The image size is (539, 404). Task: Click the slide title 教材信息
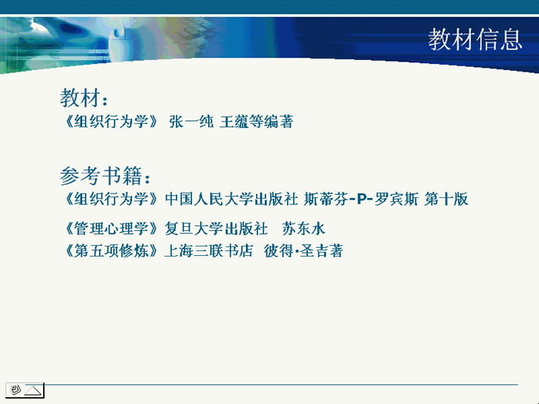(475, 39)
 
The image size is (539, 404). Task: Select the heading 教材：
(84, 97)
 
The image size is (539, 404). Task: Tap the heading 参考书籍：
(105, 175)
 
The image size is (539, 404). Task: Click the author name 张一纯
(191, 122)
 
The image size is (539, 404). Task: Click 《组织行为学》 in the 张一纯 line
(110, 122)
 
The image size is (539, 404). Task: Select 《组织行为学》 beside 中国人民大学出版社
(110, 199)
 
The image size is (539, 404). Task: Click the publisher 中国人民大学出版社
(231, 199)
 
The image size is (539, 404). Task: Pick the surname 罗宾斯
(396, 199)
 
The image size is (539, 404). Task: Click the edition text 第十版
(446, 199)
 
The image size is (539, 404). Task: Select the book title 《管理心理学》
(110, 229)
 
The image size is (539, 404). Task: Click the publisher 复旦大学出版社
(216, 229)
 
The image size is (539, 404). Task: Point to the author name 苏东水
(304, 229)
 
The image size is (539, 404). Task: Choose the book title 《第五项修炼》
(110, 251)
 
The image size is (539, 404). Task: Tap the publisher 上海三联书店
(209, 251)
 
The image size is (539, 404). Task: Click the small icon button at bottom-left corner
(25, 390)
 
